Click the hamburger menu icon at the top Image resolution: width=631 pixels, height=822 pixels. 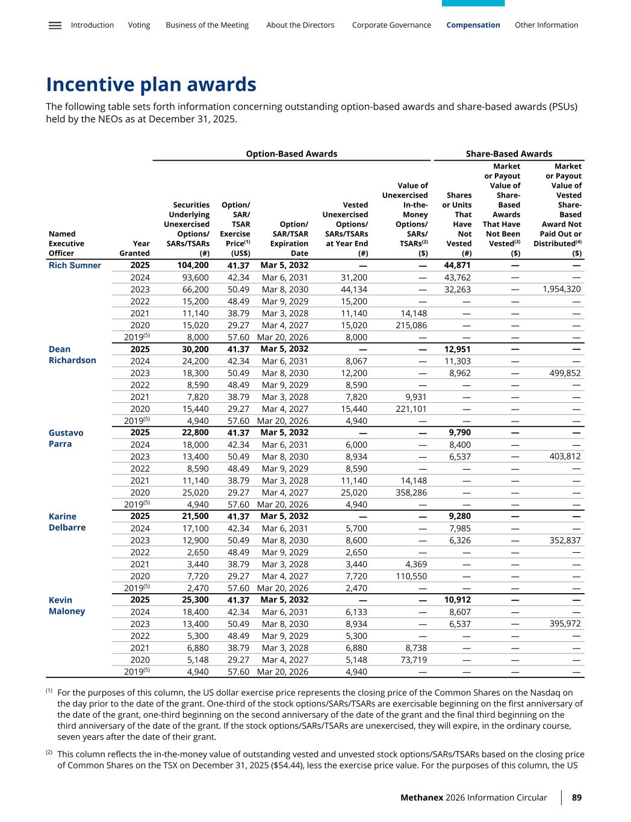[55, 25]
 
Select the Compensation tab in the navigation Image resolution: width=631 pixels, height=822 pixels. [473, 25]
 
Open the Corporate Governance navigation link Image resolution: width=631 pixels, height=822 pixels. [391, 25]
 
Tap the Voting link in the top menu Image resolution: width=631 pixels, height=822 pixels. [139, 25]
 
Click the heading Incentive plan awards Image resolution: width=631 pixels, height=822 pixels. [151, 84]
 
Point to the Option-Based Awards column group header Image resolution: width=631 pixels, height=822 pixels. [291, 154]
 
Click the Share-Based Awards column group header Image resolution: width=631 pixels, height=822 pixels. [509, 154]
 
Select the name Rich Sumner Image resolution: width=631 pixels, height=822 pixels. [75, 266]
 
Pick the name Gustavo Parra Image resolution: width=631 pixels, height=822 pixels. [66, 438]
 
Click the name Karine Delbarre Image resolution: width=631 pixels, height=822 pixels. [67, 522]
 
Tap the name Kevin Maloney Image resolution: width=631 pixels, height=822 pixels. [66, 605]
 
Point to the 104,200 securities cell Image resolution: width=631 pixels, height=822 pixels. [193, 266]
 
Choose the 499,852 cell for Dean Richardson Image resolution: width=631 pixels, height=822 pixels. [562, 373]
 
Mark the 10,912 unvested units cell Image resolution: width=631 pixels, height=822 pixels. [457, 600]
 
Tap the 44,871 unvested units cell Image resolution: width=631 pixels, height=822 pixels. [457, 266]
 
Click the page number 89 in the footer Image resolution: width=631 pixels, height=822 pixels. [577, 797]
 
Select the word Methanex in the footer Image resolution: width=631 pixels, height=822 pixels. [421, 797]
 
